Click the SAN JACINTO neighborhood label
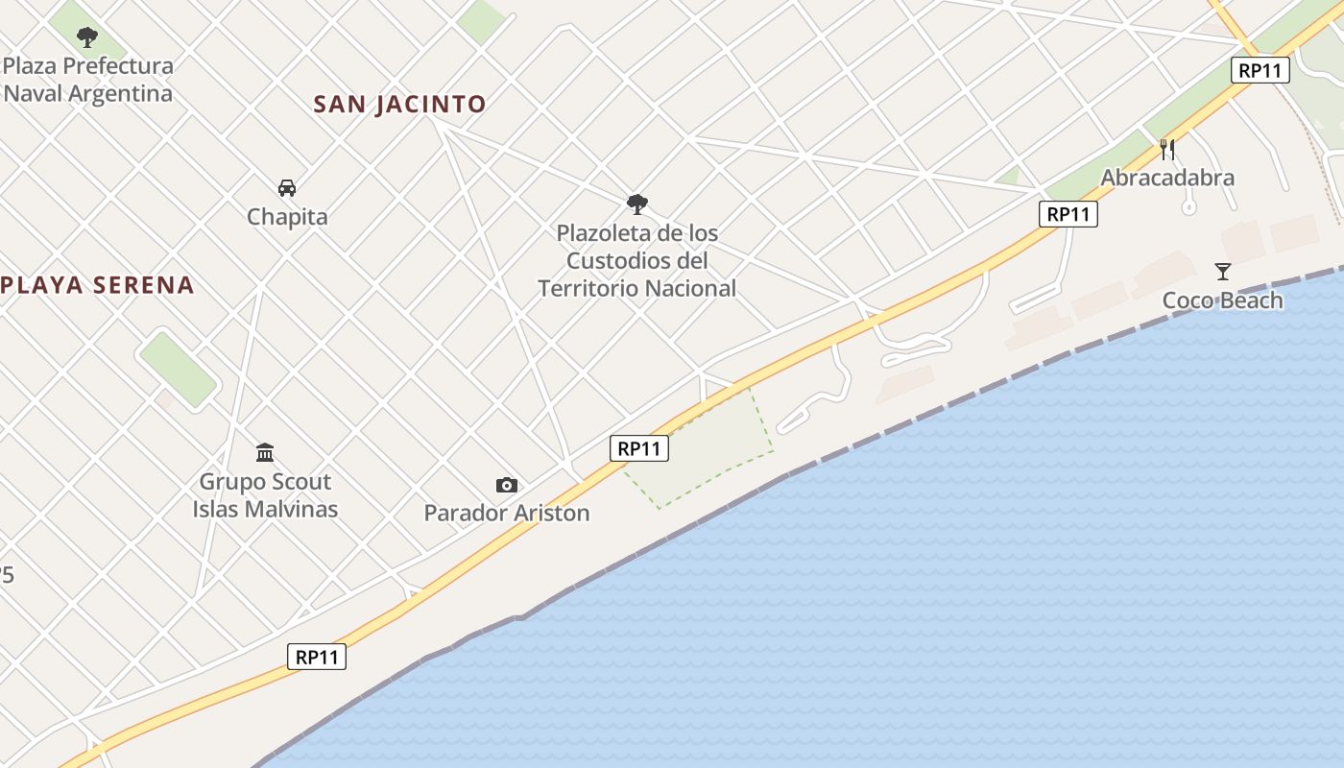(x=399, y=104)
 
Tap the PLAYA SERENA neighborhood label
(x=97, y=285)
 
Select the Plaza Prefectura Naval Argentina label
(x=88, y=80)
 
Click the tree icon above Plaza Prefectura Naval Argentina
(x=87, y=38)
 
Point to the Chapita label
(x=287, y=217)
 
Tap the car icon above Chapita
(x=286, y=187)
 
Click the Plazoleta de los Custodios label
(x=636, y=260)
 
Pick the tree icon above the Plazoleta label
(x=636, y=204)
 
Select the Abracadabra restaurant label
(x=1167, y=178)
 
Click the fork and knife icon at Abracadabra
(x=1167, y=149)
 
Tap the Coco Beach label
(x=1222, y=300)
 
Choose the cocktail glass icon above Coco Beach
(x=1222, y=272)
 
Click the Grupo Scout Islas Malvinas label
(x=265, y=494)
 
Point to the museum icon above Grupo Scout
(x=265, y=452)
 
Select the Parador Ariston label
(x=507, y=513)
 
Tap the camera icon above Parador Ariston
(x=507, y=486)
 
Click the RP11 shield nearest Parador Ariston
(x=639, y=448)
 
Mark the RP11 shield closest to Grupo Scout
(x=317, y=657)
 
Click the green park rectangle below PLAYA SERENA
(x=179, y=369)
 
